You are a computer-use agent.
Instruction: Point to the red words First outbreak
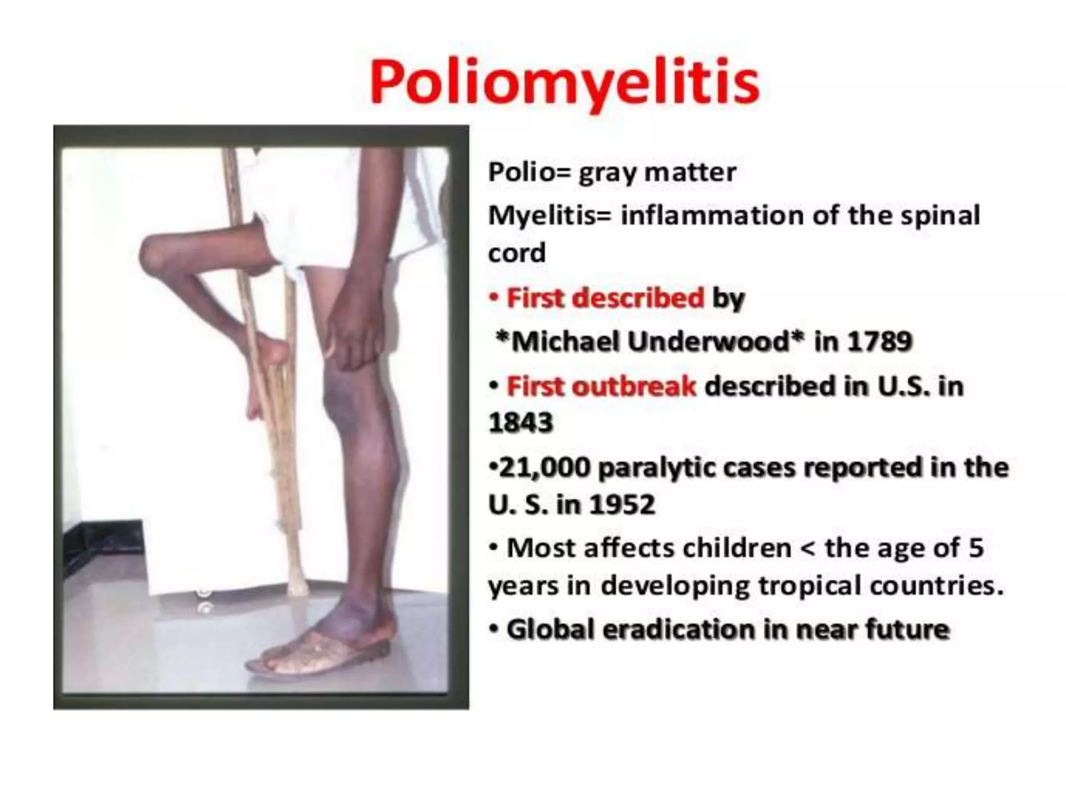click(601, 386)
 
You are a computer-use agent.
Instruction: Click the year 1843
click(521, 422)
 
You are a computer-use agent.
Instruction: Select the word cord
click(517, 253)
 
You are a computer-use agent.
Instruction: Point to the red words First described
click(605, 298)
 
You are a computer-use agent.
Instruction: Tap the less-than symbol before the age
click(808, 548)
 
